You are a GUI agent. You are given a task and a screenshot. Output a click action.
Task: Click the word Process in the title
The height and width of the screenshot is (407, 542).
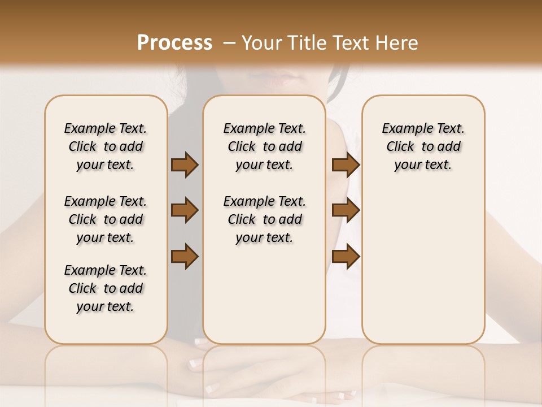point(174,43)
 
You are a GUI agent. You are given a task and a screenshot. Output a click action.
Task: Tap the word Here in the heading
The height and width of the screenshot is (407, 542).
point(397,43)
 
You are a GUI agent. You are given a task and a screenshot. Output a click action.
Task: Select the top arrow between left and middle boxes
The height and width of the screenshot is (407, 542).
point(185,164)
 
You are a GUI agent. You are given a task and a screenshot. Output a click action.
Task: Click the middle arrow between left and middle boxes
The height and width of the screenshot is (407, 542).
point(185,210)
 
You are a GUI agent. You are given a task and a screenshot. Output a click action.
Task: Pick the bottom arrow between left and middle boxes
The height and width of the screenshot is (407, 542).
point(185,256)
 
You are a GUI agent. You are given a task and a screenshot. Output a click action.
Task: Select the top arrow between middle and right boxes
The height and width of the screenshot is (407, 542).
point(346,164)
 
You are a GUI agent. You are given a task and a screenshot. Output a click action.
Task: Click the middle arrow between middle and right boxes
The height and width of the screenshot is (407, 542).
point(346,210)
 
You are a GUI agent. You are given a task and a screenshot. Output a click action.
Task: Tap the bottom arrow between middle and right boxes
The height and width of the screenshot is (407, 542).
point(346,256)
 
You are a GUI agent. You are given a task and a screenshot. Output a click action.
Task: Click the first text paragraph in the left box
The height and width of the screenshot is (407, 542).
point(106,146)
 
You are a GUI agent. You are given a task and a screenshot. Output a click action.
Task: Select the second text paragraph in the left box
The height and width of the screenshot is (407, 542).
point(106,219)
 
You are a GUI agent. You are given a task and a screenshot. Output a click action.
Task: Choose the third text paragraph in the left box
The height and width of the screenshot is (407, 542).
point(106,288)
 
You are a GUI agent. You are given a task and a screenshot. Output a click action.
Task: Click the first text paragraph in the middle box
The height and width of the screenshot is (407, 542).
point(264,146)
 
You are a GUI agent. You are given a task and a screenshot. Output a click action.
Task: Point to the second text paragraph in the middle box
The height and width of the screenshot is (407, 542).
point(264,219)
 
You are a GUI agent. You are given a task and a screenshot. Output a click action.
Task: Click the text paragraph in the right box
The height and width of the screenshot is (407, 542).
point(423,146)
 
